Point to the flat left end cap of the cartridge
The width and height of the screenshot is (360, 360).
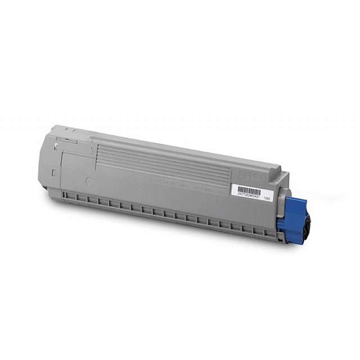pyautogui.click(x=56, y=163)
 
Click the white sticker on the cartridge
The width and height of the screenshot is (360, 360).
pyautogui.click(x=250, y=191)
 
